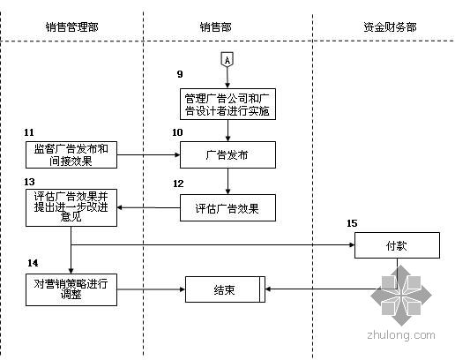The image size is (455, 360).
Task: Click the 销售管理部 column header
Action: click(71, 27)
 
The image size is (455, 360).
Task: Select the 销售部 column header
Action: click(216, 27)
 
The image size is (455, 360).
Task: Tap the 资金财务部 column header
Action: click(390, 27)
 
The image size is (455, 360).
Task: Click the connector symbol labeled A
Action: click(227, 59)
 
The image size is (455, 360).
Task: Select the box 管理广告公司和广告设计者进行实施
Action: click(227, 104)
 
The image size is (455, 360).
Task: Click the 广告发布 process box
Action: click(227, 154)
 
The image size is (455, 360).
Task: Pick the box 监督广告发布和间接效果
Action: click(71, 154)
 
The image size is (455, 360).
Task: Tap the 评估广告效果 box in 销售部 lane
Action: click(227, 207)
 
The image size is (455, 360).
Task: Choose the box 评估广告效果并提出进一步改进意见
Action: click(71, 207)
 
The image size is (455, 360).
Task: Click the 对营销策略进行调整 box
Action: click(71, 289)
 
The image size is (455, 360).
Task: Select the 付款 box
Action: click(397, 245)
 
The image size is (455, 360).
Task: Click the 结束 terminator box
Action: click(225, 289)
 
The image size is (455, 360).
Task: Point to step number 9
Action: click(180, 74)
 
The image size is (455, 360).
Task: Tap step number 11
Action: click(29, 132)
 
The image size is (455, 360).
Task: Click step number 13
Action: click(29, 182)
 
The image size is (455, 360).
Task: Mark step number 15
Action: click(352, 223)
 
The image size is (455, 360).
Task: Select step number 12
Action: click(178, 184)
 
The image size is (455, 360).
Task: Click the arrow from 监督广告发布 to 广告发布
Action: click(148, 154)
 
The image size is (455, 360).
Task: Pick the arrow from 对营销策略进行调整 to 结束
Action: click(151, 289)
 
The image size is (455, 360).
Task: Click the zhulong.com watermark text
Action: click(401, 335)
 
